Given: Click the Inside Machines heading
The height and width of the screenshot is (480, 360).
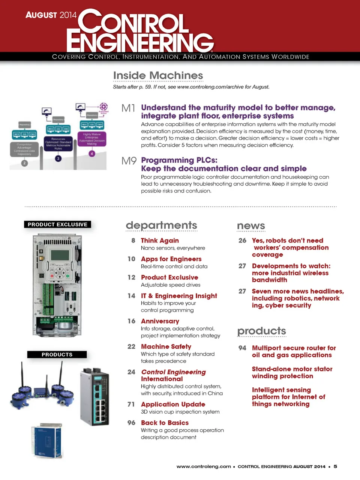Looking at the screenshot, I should point(158,75).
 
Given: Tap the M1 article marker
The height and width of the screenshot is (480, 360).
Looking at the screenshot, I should point(128,108).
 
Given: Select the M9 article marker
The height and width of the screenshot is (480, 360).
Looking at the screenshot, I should point(129,161).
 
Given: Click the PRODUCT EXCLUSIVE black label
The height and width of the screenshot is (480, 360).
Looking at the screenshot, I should point(57,224).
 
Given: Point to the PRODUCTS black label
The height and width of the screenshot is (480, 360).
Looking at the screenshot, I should point(57,354).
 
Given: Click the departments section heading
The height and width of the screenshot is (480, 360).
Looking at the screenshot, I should point(161,225).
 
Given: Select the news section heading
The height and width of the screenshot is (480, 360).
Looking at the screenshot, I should point(251,226).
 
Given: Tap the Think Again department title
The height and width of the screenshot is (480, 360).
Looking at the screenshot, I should point(160,241).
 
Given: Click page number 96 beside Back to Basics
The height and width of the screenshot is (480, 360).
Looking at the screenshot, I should point(131,423).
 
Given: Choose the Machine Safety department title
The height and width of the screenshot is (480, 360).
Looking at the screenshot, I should point(166,347).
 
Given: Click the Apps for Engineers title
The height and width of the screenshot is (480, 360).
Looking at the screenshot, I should point(171,259).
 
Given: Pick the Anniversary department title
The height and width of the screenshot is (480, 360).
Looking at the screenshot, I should point(160,321).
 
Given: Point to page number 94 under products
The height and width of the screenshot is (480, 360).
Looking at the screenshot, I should point(242,348).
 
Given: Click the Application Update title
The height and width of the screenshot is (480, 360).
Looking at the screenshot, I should point(173,404).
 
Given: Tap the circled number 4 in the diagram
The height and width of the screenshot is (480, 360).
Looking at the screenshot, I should point(92,153).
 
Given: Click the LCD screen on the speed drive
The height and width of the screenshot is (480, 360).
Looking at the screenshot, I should point(60,255).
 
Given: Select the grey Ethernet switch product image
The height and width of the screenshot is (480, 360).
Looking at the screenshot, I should point(95,396).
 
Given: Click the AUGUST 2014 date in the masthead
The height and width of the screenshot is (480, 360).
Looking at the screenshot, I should point(51,15).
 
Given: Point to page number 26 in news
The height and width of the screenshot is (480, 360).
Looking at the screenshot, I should point(242,241).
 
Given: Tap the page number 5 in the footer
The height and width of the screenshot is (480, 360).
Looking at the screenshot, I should point(335,466).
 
